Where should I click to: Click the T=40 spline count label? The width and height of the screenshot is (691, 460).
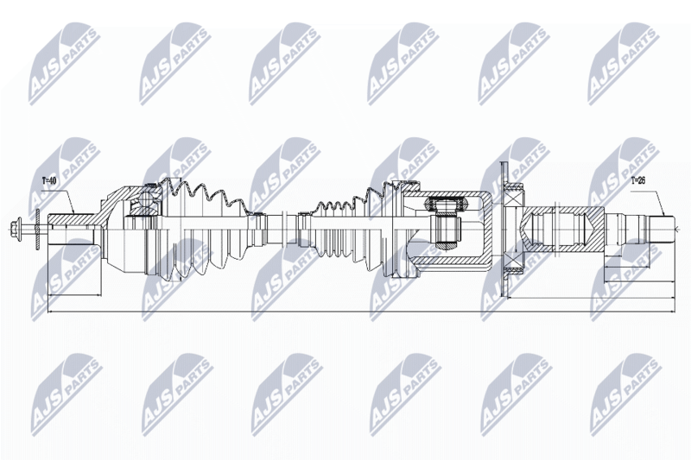50,180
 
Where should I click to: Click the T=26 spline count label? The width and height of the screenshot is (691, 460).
637,180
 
